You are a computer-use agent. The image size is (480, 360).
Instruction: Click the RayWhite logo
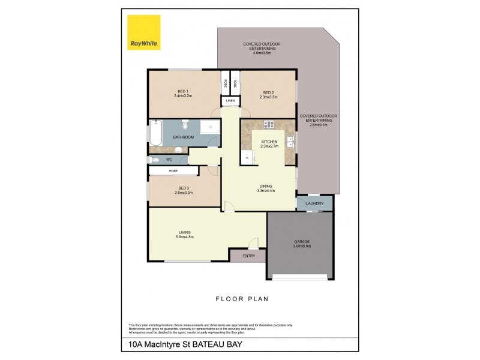point(144,32)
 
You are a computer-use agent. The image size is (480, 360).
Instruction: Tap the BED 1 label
point(183,91)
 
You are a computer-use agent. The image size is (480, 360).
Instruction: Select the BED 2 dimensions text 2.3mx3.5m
point(268,97)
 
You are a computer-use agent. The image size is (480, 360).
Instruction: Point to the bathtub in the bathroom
point(155,133)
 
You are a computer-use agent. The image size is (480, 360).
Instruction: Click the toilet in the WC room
point(155,160)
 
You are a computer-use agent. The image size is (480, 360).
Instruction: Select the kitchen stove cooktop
point(268,125)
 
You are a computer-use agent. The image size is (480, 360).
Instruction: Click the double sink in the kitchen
point(290,142)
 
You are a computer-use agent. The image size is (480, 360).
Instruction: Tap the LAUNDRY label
point(314,203)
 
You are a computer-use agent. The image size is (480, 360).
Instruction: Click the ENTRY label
point(249,256)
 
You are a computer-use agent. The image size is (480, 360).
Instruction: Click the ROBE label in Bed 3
point(173,171)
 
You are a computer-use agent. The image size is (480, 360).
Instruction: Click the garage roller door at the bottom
point(300,277)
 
